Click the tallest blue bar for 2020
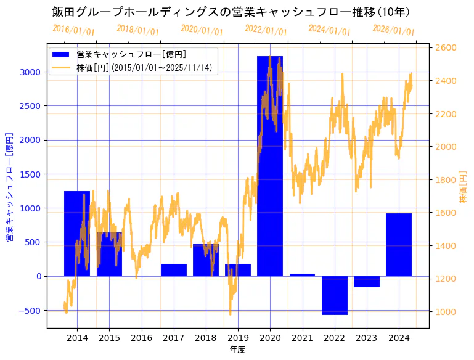coord(270,166)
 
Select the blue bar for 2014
coord(77,234)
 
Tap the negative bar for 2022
coord(334,295)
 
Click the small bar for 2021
coord(302,275)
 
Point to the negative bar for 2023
coord(367,282)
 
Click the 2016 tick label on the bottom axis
coord(141,338)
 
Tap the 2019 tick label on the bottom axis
coord(238,338)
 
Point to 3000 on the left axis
coord(30,72)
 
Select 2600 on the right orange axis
coord(446,47)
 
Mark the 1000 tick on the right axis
coord(446,312)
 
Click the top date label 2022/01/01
coord(266,30)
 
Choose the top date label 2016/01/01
coord(73,30)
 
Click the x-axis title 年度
coord(238,350)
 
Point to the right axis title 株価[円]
coord(464,187)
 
